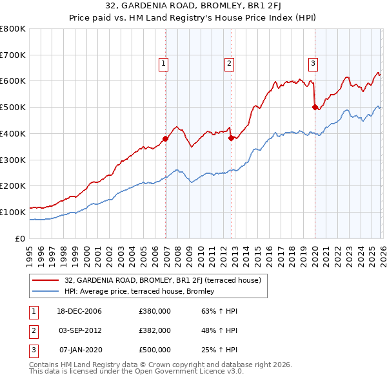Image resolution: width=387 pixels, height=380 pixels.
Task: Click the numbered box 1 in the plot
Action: coord(164,63)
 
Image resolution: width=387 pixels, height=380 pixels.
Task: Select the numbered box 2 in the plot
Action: coord(229,63)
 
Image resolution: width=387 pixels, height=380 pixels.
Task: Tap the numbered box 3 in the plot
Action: coord(313,63)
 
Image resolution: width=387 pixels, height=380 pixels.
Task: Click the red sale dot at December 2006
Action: coord(166,138)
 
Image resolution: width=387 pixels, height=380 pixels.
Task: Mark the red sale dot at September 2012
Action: coord(231,138)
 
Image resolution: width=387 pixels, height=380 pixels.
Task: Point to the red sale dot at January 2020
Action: coord(315,108)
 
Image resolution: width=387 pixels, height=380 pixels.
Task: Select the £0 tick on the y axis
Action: coord(21,238)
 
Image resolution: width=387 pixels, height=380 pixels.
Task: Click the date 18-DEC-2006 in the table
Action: coord(79,311)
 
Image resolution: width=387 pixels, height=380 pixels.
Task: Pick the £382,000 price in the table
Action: coord(154,330)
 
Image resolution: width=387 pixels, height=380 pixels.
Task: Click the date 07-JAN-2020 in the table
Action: coord(79,350)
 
